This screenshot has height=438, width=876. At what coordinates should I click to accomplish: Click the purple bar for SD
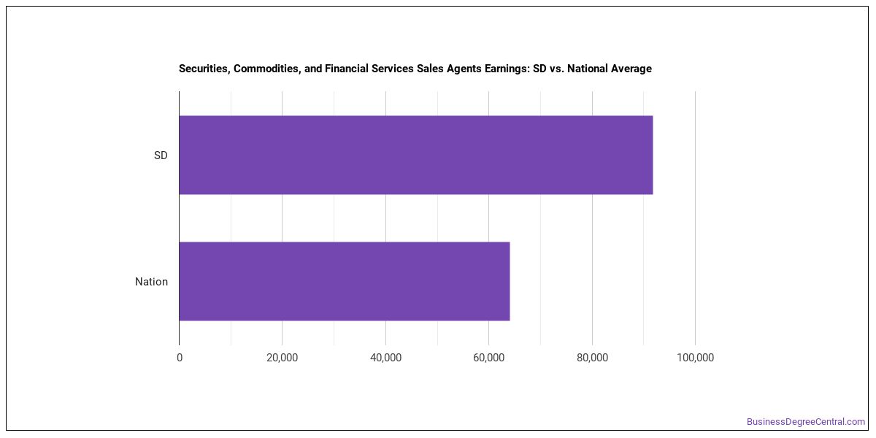point(416,155)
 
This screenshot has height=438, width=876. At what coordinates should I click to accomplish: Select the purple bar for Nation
point(345,281)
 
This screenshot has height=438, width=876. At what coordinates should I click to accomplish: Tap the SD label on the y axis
point(161,155)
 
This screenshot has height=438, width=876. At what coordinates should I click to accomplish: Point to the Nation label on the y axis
point(151,282)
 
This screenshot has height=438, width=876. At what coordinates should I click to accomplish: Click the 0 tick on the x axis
point(180,358)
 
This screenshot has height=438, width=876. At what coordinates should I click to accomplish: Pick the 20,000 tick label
point(282,358)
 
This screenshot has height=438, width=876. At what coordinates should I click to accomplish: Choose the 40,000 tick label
point(385,358)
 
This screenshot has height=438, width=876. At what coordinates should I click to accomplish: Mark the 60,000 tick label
point(489,358)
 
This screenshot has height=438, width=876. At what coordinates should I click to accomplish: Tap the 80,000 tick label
point(592,358)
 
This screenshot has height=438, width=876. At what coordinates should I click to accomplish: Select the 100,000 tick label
point(695,358)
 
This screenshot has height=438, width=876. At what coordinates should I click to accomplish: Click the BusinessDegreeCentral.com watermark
point(806,422)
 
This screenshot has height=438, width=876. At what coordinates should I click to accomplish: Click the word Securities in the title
point(204,69)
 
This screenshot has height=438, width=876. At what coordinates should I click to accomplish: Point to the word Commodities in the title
point(267,69)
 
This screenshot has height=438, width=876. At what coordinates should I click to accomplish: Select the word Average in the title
point(631,69)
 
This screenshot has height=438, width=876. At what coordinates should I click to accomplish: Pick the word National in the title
point(587,69)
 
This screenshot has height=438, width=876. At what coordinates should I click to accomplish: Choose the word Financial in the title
point(347,69)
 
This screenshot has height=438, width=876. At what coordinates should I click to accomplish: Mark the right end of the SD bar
point(653,155)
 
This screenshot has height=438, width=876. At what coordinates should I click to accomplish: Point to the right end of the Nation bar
point(510,281)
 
